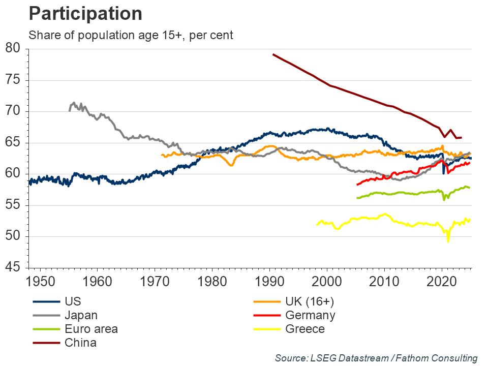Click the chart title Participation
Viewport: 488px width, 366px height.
[x=85, y=14]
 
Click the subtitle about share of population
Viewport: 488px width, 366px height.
[x=131, y=36]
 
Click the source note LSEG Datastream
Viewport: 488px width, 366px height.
[x=376, y=358]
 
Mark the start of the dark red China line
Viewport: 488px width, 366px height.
[x=273, y=54]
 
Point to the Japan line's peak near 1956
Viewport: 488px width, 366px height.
[x=74, y=103]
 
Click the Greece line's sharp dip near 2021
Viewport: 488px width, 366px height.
[x=448, y=241]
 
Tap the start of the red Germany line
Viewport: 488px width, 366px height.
[x=357, y=185]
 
